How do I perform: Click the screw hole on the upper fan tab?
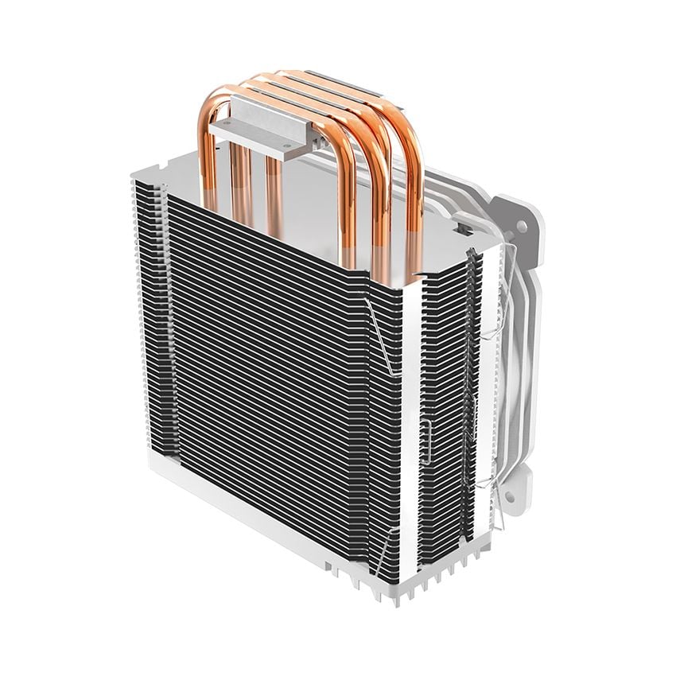[x=522, y=227]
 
